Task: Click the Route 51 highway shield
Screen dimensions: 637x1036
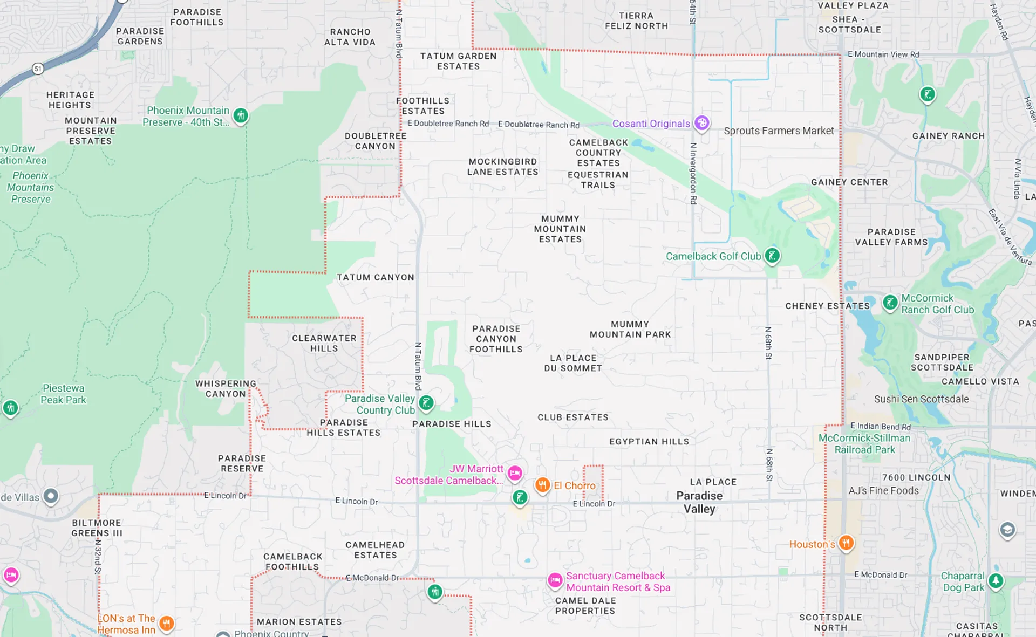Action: coord(38,69)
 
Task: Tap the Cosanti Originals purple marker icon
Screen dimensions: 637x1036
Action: coord(701,123)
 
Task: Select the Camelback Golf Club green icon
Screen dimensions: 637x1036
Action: coord(772,255)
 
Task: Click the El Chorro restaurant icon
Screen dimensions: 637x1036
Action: coord(542,485)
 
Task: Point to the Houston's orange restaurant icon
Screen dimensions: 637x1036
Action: coord(846,543)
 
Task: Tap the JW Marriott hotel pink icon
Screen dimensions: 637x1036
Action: coord(515,473)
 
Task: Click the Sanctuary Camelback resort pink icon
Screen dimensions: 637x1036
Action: coord(555,580)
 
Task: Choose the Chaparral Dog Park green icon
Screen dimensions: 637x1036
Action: coord(996,581)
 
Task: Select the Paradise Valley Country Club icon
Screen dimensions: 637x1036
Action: coord(426,402)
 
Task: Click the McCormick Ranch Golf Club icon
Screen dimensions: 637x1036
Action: coord(890,303)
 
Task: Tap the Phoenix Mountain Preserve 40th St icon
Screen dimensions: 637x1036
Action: coord(241,115)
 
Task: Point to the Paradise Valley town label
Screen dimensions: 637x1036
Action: coord(699,502)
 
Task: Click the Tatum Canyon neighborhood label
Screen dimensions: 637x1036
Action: coord(376,277)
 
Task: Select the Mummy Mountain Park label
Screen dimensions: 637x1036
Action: coord(630,329)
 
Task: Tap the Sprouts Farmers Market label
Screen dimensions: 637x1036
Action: coord(779,131)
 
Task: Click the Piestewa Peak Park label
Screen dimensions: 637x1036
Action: coord(64,394)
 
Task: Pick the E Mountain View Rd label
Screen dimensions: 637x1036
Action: coord(883,54)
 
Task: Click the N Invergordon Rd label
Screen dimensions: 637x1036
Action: coord(693,173)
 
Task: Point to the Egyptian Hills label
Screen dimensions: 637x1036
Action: coord(649,441)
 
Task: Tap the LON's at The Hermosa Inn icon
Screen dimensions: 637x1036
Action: coord(167,624)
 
